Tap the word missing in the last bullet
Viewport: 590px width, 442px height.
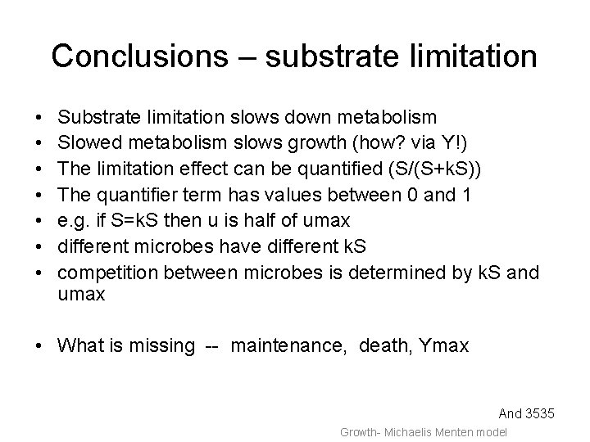tap(161, 345)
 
